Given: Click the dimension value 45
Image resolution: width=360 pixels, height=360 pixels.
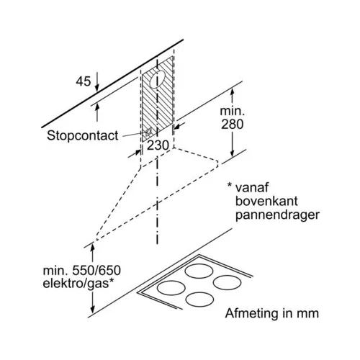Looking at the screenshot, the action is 84,81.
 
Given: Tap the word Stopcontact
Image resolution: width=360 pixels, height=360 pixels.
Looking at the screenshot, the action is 83,135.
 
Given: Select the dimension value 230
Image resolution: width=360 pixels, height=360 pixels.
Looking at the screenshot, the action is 158,145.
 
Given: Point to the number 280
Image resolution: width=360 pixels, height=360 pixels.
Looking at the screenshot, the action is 232,124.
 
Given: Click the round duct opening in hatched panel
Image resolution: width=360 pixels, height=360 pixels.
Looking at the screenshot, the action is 157,79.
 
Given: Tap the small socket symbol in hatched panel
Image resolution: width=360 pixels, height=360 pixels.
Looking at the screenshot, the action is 148,132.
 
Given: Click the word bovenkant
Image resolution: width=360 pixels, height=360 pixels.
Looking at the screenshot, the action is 266,201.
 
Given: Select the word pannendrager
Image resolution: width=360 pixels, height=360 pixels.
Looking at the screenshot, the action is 277,215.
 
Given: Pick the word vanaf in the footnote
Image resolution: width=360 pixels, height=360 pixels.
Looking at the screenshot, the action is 252,187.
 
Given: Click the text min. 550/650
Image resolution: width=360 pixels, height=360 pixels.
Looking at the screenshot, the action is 81,271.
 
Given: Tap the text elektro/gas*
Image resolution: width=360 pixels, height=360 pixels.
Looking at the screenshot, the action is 78,284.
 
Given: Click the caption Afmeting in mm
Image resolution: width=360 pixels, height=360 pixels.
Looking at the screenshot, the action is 272,313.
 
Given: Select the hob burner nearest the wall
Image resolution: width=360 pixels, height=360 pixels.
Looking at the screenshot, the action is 199,271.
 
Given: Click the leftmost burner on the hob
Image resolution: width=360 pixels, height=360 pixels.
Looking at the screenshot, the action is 171,288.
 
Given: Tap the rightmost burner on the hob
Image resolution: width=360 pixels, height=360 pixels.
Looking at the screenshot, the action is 227,282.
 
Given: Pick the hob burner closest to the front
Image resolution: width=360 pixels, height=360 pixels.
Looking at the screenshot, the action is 199,300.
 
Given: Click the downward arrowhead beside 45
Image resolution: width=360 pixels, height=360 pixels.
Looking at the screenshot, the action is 97,88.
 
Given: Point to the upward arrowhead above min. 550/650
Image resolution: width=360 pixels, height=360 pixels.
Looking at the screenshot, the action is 92,247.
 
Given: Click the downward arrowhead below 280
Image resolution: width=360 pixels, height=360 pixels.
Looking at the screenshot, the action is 232,153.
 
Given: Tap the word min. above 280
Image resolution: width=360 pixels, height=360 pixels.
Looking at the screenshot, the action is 232,111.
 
